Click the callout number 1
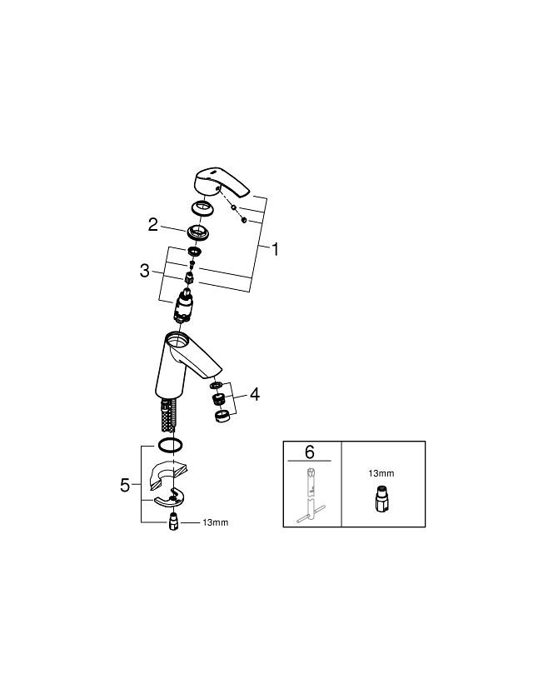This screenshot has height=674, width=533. coord(275,249)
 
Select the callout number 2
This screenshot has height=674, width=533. coord(153,224)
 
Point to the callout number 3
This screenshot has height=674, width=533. coord(145,271)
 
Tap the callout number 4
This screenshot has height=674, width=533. coord(255,394)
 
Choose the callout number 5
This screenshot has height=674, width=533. coord(125,486)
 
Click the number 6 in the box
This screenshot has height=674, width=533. coord(310,452)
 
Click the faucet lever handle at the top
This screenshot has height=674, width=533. coord(222,183)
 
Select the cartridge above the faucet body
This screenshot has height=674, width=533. coord(183,306)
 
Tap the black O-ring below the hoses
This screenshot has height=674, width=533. coord(171,446)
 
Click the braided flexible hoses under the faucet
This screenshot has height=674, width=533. coord(168,416)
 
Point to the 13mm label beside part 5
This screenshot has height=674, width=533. coord(216,522)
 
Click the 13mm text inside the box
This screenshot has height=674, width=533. coord(381,473)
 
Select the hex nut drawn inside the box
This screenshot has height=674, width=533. coord(381,499)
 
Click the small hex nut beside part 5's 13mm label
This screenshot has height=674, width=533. coord(173,522)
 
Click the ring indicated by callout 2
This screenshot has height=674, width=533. coord(197,232)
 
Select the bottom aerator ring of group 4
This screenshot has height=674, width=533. coord(223,416)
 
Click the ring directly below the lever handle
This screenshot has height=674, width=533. coord(202,208)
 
